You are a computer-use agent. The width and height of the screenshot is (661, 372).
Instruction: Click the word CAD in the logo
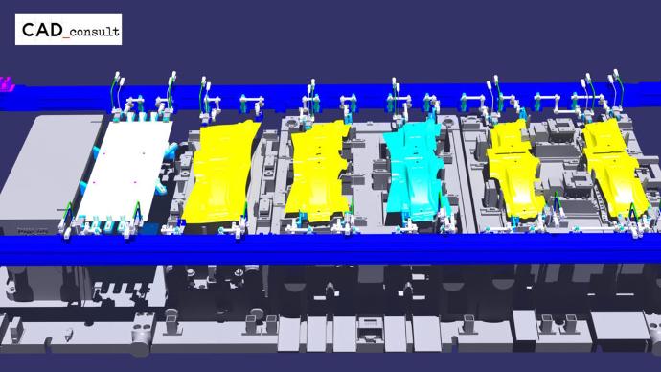pyautogui.click(x=42, y=30)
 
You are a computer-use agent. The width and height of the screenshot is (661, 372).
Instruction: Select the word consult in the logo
pyautogui.click(x=95, y=32)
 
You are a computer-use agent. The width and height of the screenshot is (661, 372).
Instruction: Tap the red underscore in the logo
pyautogui.click(x=66, y=37)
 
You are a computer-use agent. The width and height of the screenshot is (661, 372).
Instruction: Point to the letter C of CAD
pyautogui.click(x=28, y=30)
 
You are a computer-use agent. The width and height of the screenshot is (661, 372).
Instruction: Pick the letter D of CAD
pyautogui.click(x=57, y=30)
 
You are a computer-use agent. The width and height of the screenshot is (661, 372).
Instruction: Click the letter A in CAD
pyautogui.click(x=42, y=30)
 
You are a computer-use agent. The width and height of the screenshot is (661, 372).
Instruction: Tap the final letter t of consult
pyautogui.click(x=116, y=31)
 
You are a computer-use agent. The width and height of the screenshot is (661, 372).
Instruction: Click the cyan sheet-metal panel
pyautogui.click(x=415, y=169)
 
